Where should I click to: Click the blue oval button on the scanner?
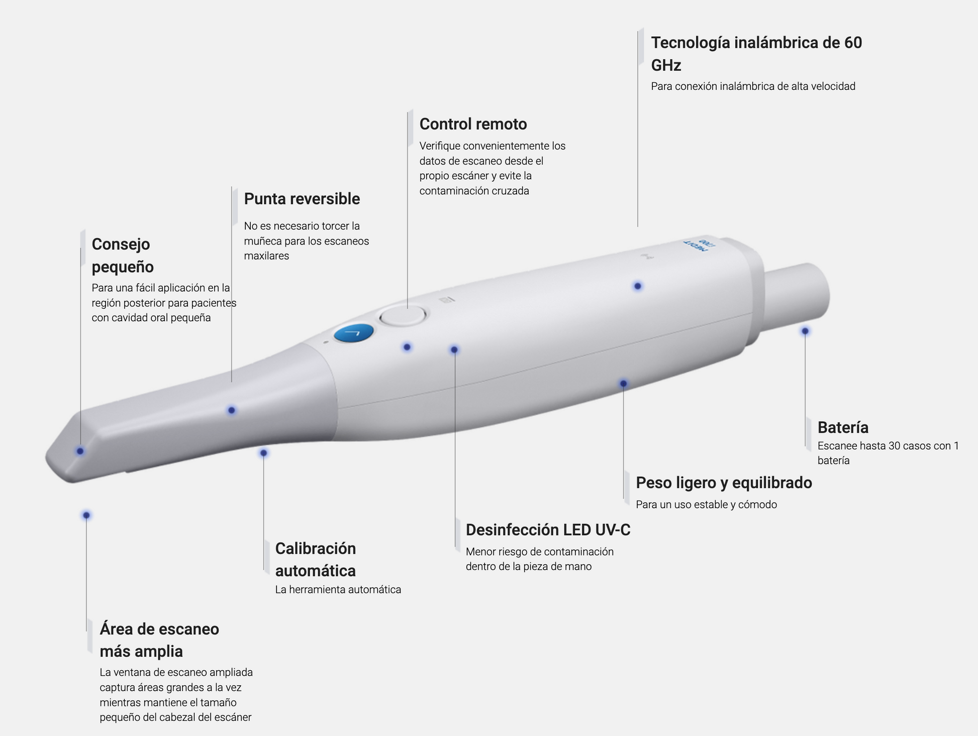[x=354, y=333]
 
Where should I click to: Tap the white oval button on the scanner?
[x=403, y=316]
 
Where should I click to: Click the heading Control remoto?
[x=473, y=124]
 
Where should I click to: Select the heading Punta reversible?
[x=302, y=199]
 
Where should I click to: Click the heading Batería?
[x=843, y=427]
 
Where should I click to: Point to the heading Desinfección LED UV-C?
[x=548, y=530]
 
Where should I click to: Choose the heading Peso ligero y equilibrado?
[x=724, y=482]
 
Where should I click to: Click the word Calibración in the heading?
[x=316, y=548]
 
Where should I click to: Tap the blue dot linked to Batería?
[x=805, y=331]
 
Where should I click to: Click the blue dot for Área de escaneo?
[x=86, y=515]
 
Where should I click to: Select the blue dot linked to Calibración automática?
[x=263, y=453]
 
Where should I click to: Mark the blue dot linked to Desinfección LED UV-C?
[x=454, y=349]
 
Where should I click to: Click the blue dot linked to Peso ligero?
[x=623, y=384]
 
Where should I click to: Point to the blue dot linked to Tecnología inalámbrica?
[x=638, y=286]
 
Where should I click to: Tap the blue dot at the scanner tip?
[x=80, y=451]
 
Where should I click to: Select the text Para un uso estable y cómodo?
[x=706, y=505]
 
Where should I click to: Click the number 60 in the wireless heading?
[x=853, y=43]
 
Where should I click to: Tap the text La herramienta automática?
[x=338, y=589]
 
